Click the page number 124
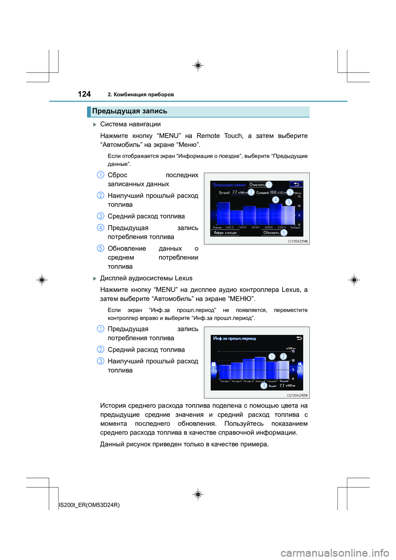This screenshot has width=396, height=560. [84, 94]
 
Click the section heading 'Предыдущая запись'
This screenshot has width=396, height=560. [130, 111]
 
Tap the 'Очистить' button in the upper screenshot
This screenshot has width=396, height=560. [257, 185]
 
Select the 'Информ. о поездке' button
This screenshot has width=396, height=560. [225, 233]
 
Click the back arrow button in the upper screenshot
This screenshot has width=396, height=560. [296, 184]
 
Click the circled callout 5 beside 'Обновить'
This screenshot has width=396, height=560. [284, 233]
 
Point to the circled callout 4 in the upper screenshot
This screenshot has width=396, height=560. [276, 200]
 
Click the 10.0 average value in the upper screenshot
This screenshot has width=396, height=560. [273, 193]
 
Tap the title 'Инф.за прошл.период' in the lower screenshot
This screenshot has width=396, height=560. [234, 339]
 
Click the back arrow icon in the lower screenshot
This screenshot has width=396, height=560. [299, 338]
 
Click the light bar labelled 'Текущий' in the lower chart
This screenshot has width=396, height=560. [283, 370]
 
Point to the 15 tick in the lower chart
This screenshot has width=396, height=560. [293, 351]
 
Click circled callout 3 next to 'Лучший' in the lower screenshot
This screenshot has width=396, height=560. [264, 386]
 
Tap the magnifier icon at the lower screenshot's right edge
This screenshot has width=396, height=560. [300, 364]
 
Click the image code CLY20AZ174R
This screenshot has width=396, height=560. [297, 242]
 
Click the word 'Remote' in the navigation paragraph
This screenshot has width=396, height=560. [208, 136]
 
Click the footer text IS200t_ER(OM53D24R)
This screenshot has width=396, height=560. [90, 505]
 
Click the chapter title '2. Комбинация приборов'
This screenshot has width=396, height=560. [141, 94]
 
